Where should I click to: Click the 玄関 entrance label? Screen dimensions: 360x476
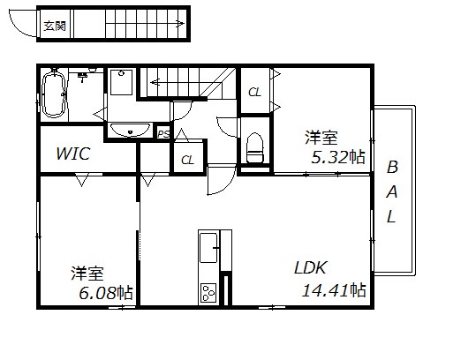pos(55,26)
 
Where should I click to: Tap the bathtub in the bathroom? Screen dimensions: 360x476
pos(54,94)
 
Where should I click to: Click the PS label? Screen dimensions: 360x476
pos(163,133)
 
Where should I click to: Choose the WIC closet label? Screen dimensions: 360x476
pos(73,154)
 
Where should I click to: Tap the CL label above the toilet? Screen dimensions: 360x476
pos(254,92)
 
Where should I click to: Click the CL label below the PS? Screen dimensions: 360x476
pos(187,160)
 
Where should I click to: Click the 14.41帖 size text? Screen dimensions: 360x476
pos(334,289)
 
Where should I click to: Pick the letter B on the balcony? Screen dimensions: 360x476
pos(392,168)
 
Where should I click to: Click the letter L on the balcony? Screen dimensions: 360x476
pos(392,215)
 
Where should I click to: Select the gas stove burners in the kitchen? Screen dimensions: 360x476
pos(209,291)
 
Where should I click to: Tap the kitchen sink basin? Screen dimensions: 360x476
pos(209,248)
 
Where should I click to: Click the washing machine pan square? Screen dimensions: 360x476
pos(121,84)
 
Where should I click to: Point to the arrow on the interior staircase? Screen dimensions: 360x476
pos(155,82)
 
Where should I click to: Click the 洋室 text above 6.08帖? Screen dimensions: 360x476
pos(87,273)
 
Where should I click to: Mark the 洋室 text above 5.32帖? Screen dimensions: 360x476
pos(322,138)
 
